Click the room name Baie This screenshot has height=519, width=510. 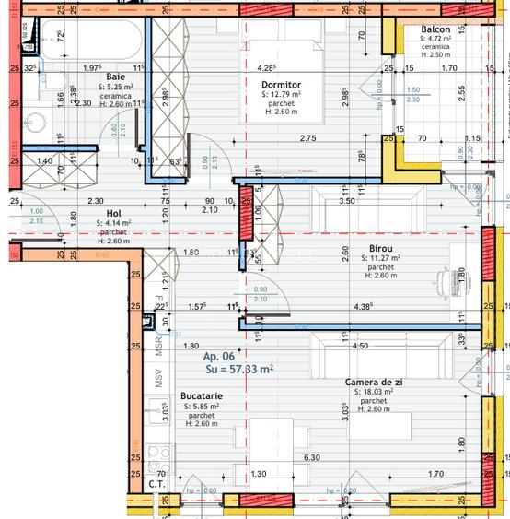[115, 77]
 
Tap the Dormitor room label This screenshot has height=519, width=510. [282, 85]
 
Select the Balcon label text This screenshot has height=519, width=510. [436, 29]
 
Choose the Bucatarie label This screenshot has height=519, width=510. [202, 395]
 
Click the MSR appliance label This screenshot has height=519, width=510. [157, 347]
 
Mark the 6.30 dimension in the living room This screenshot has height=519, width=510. [311, 456]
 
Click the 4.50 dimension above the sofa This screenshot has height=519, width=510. [360, 347]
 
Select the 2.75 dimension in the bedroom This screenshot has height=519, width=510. [307, 138]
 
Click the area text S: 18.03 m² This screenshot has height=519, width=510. [373, 392]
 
